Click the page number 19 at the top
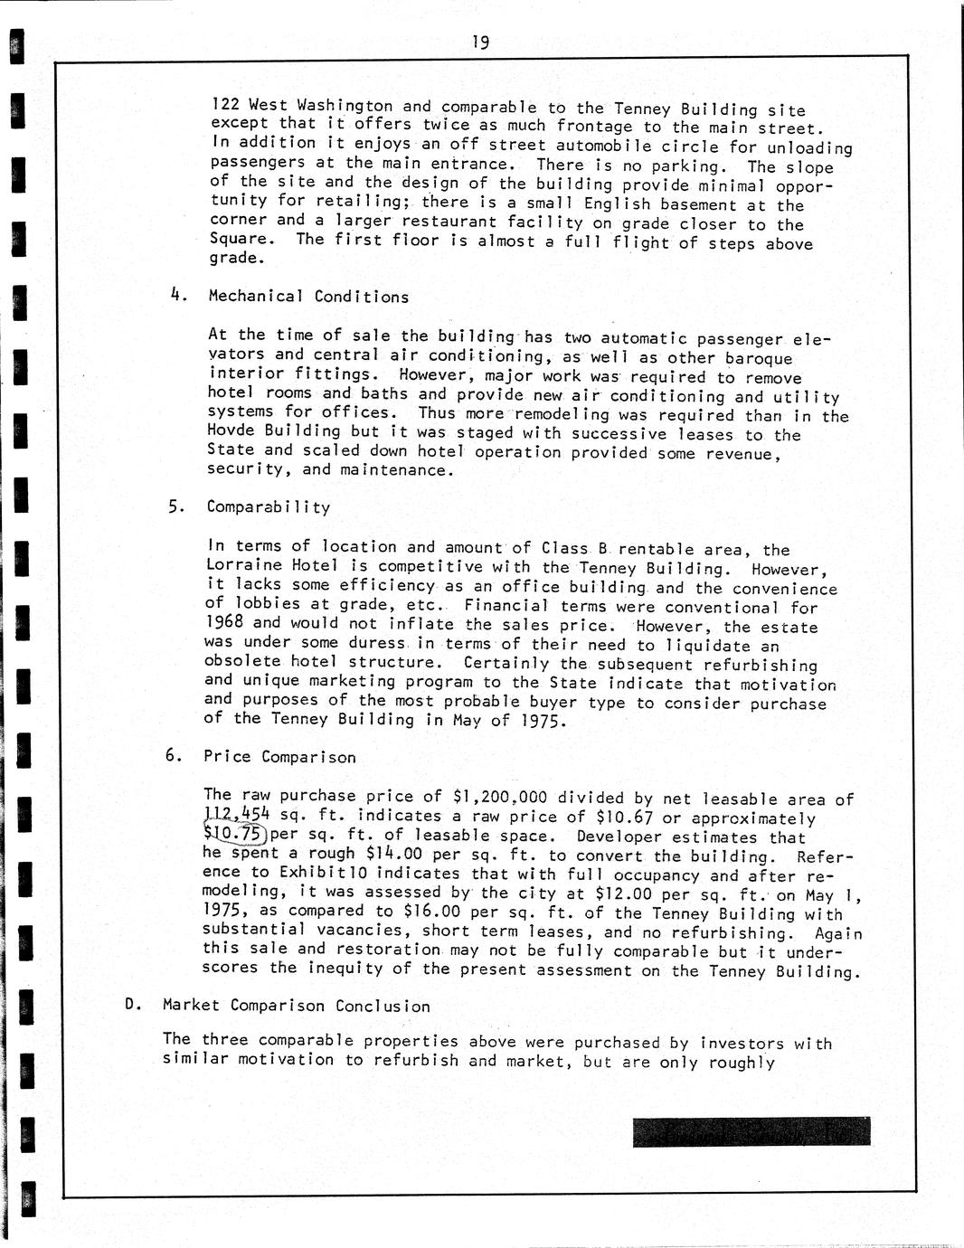point(480,43)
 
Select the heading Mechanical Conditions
point(308,297)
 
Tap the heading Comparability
point(269,507)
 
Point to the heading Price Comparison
point(279,757)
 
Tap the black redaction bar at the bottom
point(751,1132)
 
